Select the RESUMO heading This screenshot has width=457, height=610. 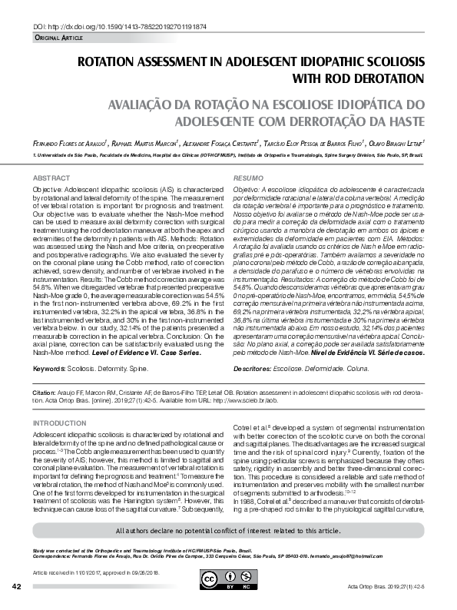click(x=247, y=177)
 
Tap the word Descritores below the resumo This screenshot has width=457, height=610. click(x=252, y=368)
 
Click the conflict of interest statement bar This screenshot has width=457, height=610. click(x=227, y=531)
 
